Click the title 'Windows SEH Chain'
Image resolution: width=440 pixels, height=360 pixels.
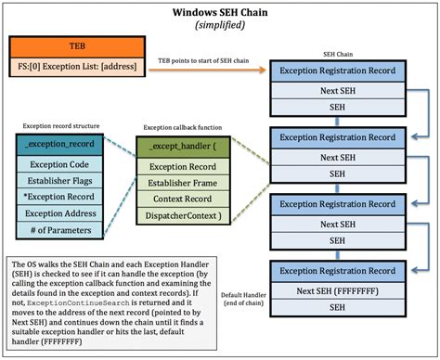pyautogui.click(x=219, y=13)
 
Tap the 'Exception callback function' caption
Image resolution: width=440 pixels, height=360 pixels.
pyautogui.click(x=182, y=127)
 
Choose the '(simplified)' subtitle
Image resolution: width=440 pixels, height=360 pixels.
pyautogui.click(x=219, y=26)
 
